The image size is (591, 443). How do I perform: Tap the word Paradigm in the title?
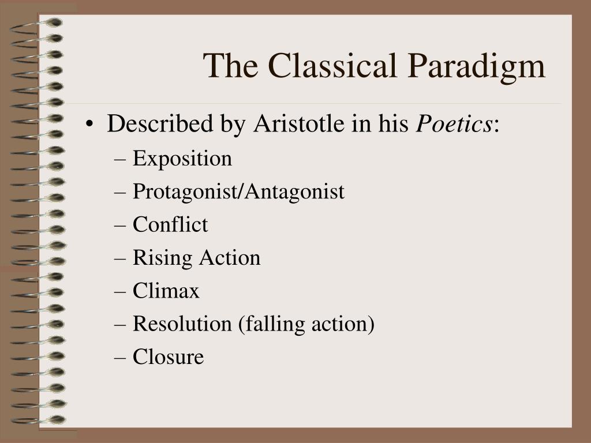click(477, 67)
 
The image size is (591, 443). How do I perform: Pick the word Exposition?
click(182, 158)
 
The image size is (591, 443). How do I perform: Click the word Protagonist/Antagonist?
click(238, 192)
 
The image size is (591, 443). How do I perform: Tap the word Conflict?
click(170, 224)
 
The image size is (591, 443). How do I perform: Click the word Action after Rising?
click(230, 258)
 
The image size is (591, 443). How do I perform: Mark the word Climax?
click(166, 291)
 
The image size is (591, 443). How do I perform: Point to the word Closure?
click(168, 357)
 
